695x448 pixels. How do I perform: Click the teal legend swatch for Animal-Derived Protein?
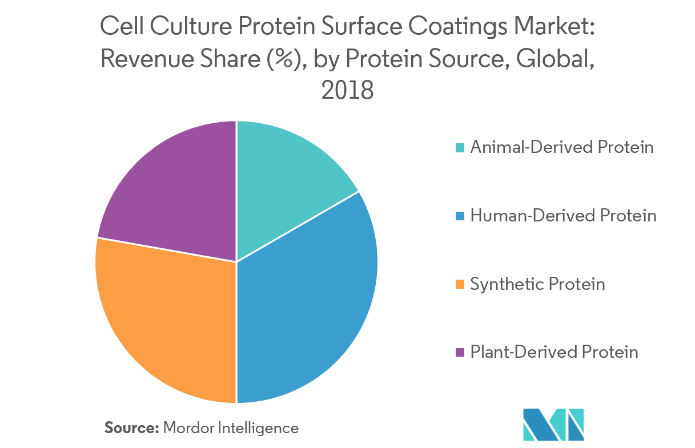[460, 148]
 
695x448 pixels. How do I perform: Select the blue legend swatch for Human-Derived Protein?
[460, 216]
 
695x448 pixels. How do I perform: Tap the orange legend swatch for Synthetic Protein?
[460, 284]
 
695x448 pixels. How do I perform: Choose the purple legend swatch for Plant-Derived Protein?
[460, 352]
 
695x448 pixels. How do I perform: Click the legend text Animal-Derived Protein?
[561, 147]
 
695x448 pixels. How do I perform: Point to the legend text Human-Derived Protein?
[563, 216]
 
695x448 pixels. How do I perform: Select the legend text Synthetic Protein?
[537, 284]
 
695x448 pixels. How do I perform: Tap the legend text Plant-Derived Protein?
[554, 352]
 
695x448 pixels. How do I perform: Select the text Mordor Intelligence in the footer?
[231, 427]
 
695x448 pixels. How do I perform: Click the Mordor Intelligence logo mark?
[553, 424]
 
